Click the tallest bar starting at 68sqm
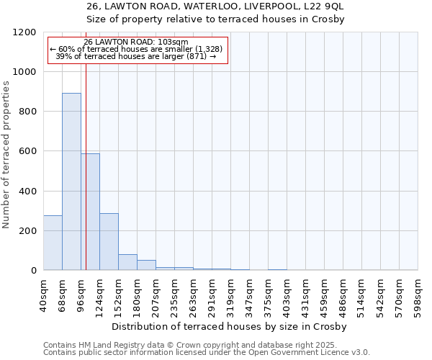coord(71,181)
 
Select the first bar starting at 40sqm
coord(53,243)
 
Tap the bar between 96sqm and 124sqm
coord(90,212)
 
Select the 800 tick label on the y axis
coord(27,112)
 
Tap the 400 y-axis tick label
coord(27,192)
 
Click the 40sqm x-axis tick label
coord(43,292)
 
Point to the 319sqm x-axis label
coord(230,294)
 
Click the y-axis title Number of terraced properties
coord(7,155)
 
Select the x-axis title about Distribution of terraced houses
coord(230,326)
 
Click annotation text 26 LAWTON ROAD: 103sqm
coord(136,42)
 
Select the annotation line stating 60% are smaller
coord(137,49)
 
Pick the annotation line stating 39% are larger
coord(136,56)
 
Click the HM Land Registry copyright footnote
coord(205,345)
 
